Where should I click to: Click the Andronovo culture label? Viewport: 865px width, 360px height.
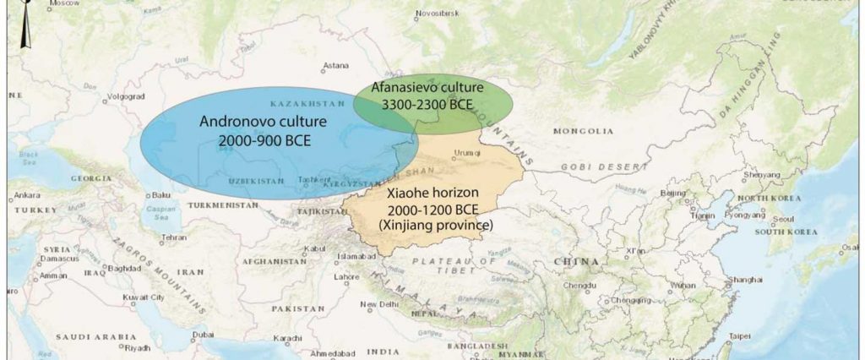click(263, 122)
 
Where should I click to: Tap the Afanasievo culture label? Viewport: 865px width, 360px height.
click(430, 88)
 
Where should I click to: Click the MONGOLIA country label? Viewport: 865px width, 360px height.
click(583, 131)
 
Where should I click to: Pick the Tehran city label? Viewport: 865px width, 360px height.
click(173, 237)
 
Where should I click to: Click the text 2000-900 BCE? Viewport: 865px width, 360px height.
click(263, 140)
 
